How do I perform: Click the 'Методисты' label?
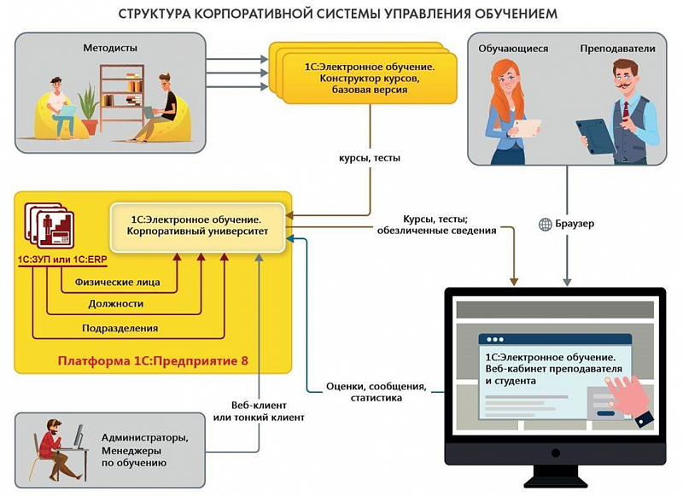click(x=109, y=49)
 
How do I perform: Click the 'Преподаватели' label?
click(x=617, y=49)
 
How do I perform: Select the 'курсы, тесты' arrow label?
click(x=369, y=158)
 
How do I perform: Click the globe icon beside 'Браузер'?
click(x=545, y=225)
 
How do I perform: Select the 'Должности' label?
click(x=116, y=304)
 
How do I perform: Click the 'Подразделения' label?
click(x=120, y=328)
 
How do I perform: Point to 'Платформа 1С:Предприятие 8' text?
click(x=153, y=361)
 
